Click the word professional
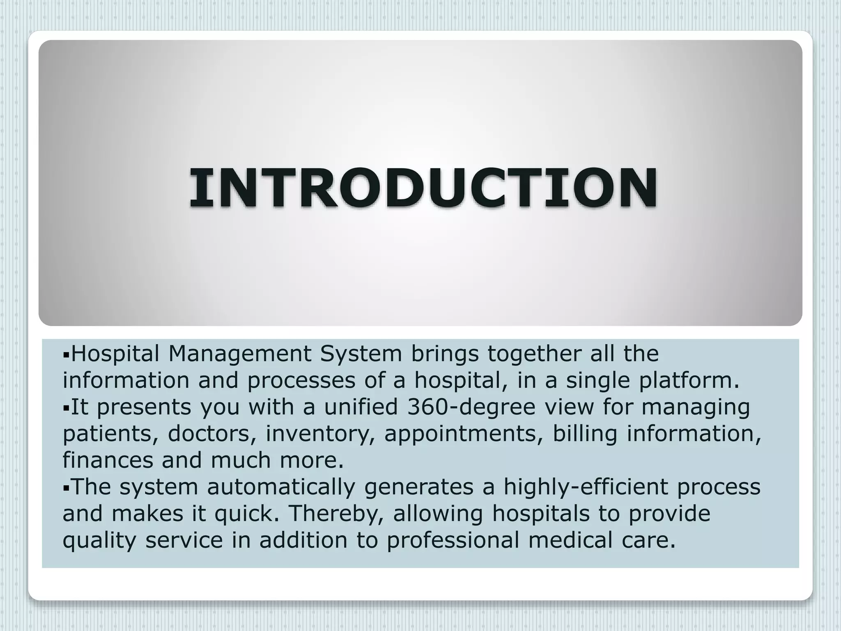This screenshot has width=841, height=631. coord(453,540)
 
